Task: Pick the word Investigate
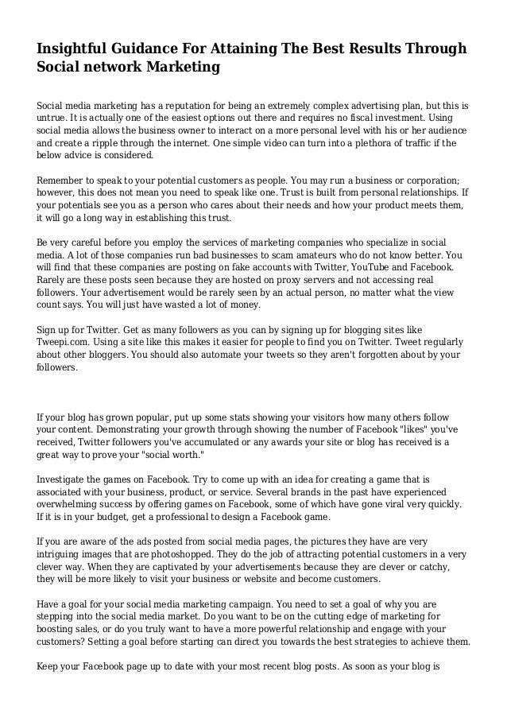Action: [69, 479]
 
